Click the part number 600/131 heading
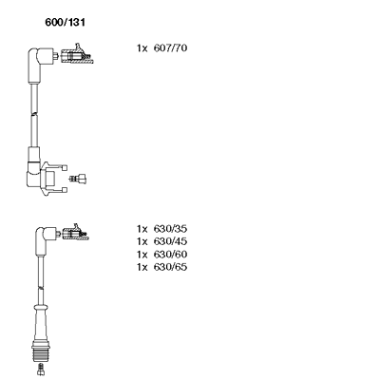click(x=66, y=23)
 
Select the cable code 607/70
click(x=170, y=48)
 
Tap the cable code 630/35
click(x=170, y=229)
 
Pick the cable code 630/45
click(x=170, y=241)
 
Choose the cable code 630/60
click(x=170, y=255)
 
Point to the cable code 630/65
click(x=170, y=267)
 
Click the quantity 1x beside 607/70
click(x=142, y=48)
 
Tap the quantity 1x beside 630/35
click(x=142, y=229)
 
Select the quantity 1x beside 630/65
click(x=142, y=268)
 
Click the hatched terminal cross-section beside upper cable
click(x=77, y=55)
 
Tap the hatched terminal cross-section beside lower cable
click(x=76, y=233)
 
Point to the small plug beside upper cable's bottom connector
click(x=78, y=179)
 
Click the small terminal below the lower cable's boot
click(x=40, y=369)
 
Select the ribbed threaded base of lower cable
click(x=40, y=351)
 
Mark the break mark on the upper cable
click(x=34, y=114)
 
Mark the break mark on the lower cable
click(x=40, y=288)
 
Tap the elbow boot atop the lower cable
click(x=44, y=239)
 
